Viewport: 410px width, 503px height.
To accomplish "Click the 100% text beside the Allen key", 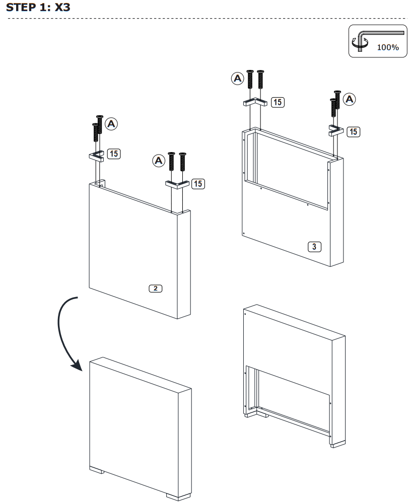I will coord(387,47).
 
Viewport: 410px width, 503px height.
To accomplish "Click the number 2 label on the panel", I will coord(156,289).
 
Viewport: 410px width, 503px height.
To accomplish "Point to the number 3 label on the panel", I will coord(314,246).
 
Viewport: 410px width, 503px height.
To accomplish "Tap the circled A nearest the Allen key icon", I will coord(349,99).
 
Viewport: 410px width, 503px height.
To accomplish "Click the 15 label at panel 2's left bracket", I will coord(114,154).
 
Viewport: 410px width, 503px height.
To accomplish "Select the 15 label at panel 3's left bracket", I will coord(278,102).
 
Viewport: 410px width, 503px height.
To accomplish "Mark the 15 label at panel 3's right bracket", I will coord(354,131).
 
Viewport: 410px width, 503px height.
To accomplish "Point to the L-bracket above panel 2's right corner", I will coord(176,184).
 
